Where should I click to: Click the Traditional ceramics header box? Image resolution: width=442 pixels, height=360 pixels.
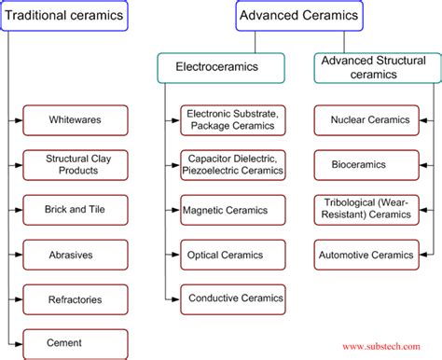[x=62, y=16]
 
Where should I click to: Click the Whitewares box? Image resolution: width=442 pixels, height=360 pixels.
[x=76, y=119]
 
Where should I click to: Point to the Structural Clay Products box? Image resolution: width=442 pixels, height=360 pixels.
[x=76, y=164]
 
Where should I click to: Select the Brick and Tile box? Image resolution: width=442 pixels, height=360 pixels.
[x=76, y=209]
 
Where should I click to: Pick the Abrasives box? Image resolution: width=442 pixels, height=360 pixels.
[x=76, y=254]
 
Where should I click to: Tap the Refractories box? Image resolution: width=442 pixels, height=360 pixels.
[x=76, y=299]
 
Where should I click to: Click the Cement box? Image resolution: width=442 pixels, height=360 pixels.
[x=76, y=343]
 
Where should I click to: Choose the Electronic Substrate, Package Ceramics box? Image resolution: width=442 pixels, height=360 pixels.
[x=233, y=119]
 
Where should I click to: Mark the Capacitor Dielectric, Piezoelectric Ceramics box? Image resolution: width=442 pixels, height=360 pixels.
[x=233, y=164]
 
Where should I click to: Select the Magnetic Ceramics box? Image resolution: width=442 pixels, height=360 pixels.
[x=233, y=209]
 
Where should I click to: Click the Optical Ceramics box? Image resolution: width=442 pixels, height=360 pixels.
[x=233, y=254]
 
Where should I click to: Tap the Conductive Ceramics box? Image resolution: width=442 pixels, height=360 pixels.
[x=233, y=299]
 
